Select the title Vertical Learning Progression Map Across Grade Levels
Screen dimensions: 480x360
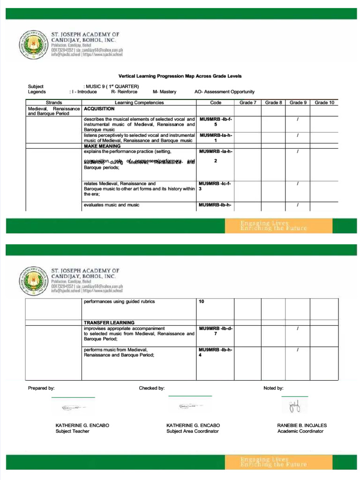click(180, 76)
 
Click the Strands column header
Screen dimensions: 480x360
click(54, 102)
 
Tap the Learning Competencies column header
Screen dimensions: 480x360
click(139, 102)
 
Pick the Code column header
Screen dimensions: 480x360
click(216, 102)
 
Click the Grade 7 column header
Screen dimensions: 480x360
click(248, 102)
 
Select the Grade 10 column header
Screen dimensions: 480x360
click(324, 102)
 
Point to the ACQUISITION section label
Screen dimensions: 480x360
click(99, 108)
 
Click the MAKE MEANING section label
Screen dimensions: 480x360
click(102, 146)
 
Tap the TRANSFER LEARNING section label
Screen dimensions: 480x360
click(109, 322)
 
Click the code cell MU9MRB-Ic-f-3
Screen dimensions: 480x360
click(215, 186)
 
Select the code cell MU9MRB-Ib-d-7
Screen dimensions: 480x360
click(215, 331)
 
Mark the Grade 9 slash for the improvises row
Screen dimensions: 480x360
click(298, 329)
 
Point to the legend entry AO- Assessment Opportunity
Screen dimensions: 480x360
click(225, 92)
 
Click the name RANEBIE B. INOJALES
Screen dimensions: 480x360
click(302, 425)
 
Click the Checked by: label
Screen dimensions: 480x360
click(151, 388)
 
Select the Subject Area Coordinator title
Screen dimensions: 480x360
click(193, 431)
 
